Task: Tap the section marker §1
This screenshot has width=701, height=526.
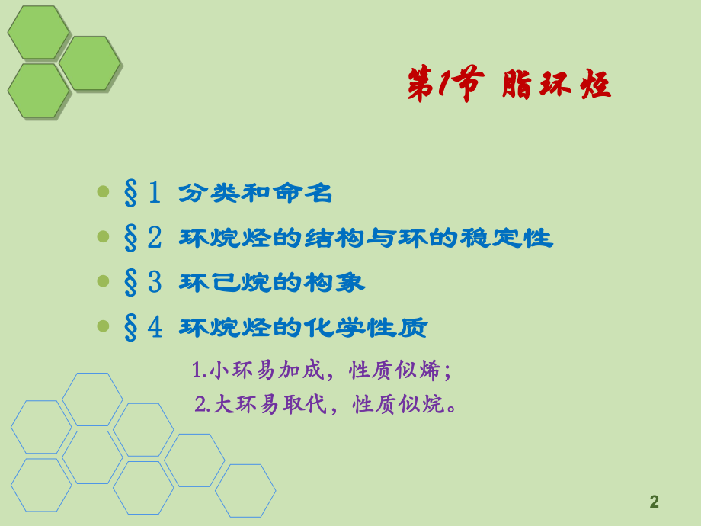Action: [142, 193]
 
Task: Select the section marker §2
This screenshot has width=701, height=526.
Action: [142, 238]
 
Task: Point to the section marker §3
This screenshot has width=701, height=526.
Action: [142, 283]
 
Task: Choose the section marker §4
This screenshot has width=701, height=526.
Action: [142, 328]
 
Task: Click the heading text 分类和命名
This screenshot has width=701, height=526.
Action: [256, 194]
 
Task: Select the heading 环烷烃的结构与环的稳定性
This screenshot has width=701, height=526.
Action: [366, 239]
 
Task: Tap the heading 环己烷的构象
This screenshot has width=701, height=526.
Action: [272, 284]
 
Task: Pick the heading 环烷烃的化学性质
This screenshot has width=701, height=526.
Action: [303, 329]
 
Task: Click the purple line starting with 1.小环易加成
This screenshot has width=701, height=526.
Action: [322, 371]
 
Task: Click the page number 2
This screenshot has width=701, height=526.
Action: [654, 502]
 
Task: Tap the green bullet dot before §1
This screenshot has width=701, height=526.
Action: [104, 192]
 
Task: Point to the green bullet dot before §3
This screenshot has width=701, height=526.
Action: [104, 281]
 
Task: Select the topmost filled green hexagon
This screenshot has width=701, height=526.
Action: [38, 32]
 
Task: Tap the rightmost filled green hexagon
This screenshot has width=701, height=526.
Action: [90, 63]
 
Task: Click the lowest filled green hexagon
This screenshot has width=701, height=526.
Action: [38, 91]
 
